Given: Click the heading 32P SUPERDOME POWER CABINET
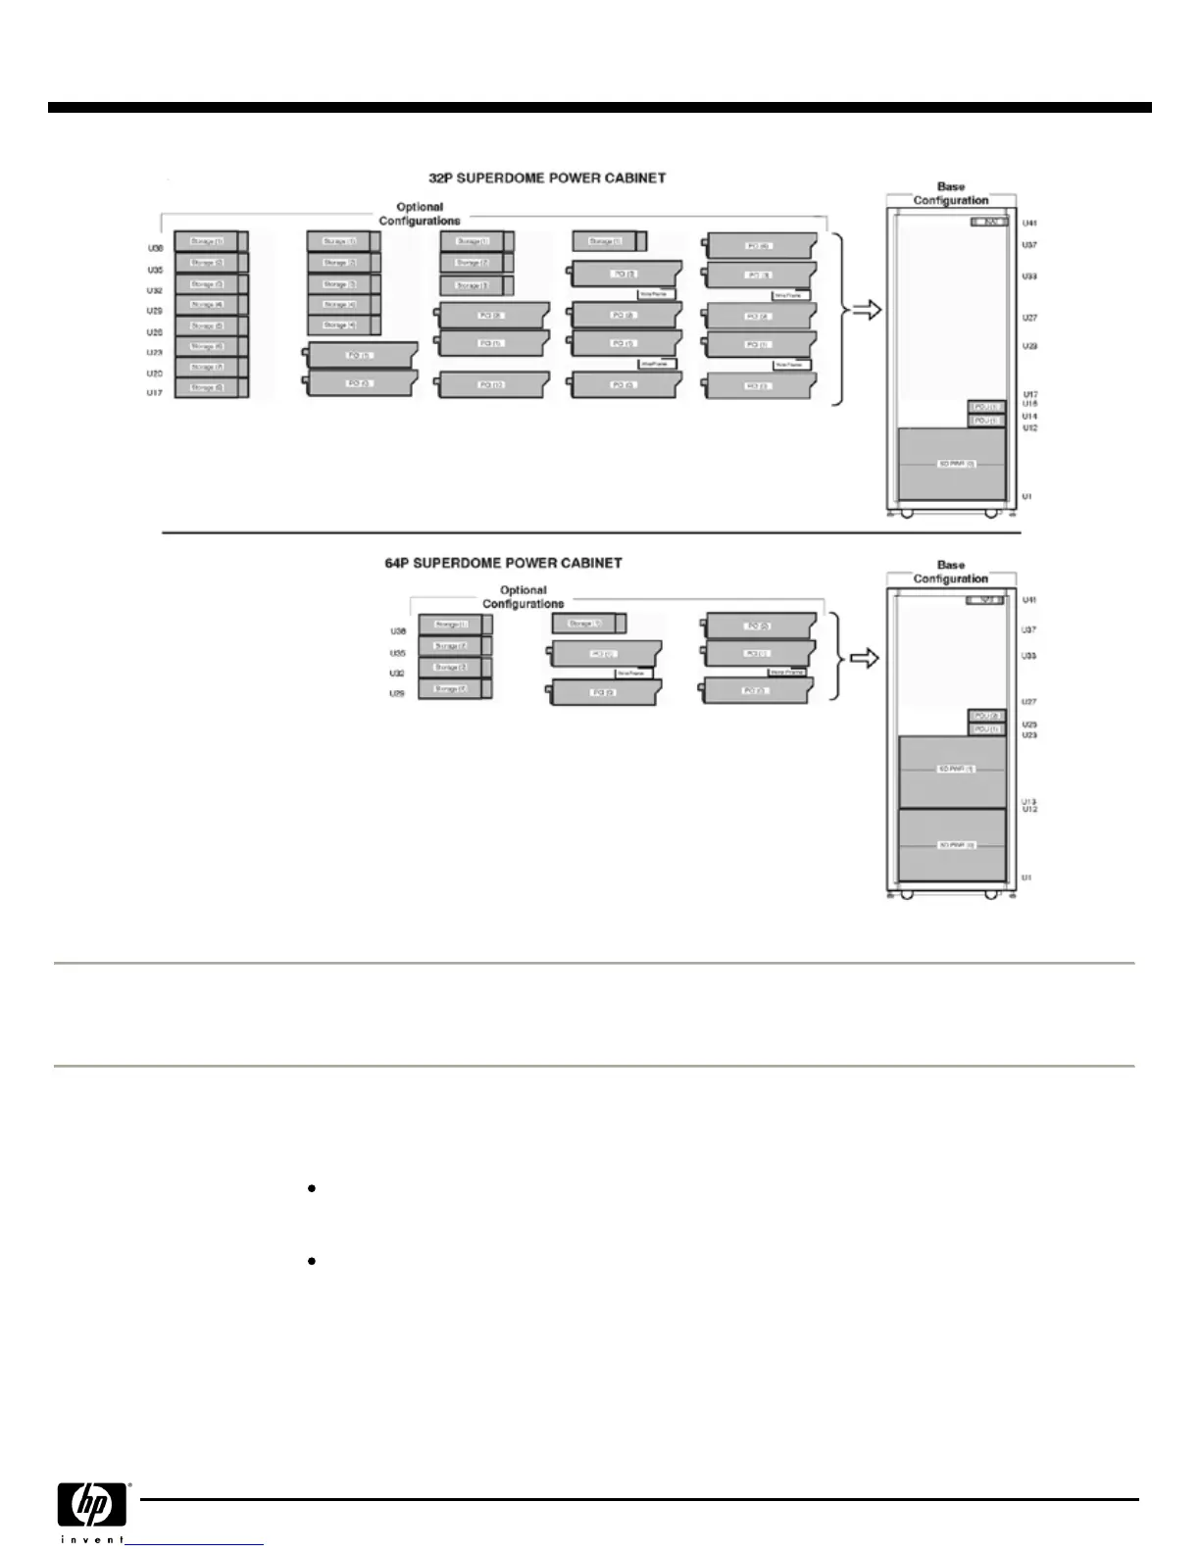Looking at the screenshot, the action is (x=547, y=178).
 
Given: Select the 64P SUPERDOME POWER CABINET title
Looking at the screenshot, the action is (x=503, y=564).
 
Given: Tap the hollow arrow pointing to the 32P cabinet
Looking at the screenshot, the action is (x=867, y=311).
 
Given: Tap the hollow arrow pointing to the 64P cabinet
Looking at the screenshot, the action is (x=863, y=658).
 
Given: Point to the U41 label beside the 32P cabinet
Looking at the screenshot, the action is (x=1029, y=224).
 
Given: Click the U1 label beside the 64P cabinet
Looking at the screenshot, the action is (x=1026, y=877).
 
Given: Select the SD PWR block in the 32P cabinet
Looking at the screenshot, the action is (x=953, y=464).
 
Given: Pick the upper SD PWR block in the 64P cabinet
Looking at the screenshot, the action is (x=953, y=771).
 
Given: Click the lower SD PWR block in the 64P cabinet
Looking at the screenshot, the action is (x=953, y=844).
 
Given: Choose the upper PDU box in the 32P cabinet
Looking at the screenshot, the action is (x=986, y=407).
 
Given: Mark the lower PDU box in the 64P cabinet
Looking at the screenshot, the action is (x=986, y=729).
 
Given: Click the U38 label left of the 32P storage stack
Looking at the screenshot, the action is (x=155, y=249).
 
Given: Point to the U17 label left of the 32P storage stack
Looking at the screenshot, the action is (x=155, y=393).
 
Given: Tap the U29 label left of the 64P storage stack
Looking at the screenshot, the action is (x=397, y=694).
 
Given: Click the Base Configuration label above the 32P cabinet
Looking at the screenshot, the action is (x=951, y=193).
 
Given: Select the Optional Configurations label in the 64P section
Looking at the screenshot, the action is (x=524, y=597).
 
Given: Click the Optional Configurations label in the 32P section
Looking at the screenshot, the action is (x=420, y=214).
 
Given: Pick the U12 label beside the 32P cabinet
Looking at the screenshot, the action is (x=1029, y=428).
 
